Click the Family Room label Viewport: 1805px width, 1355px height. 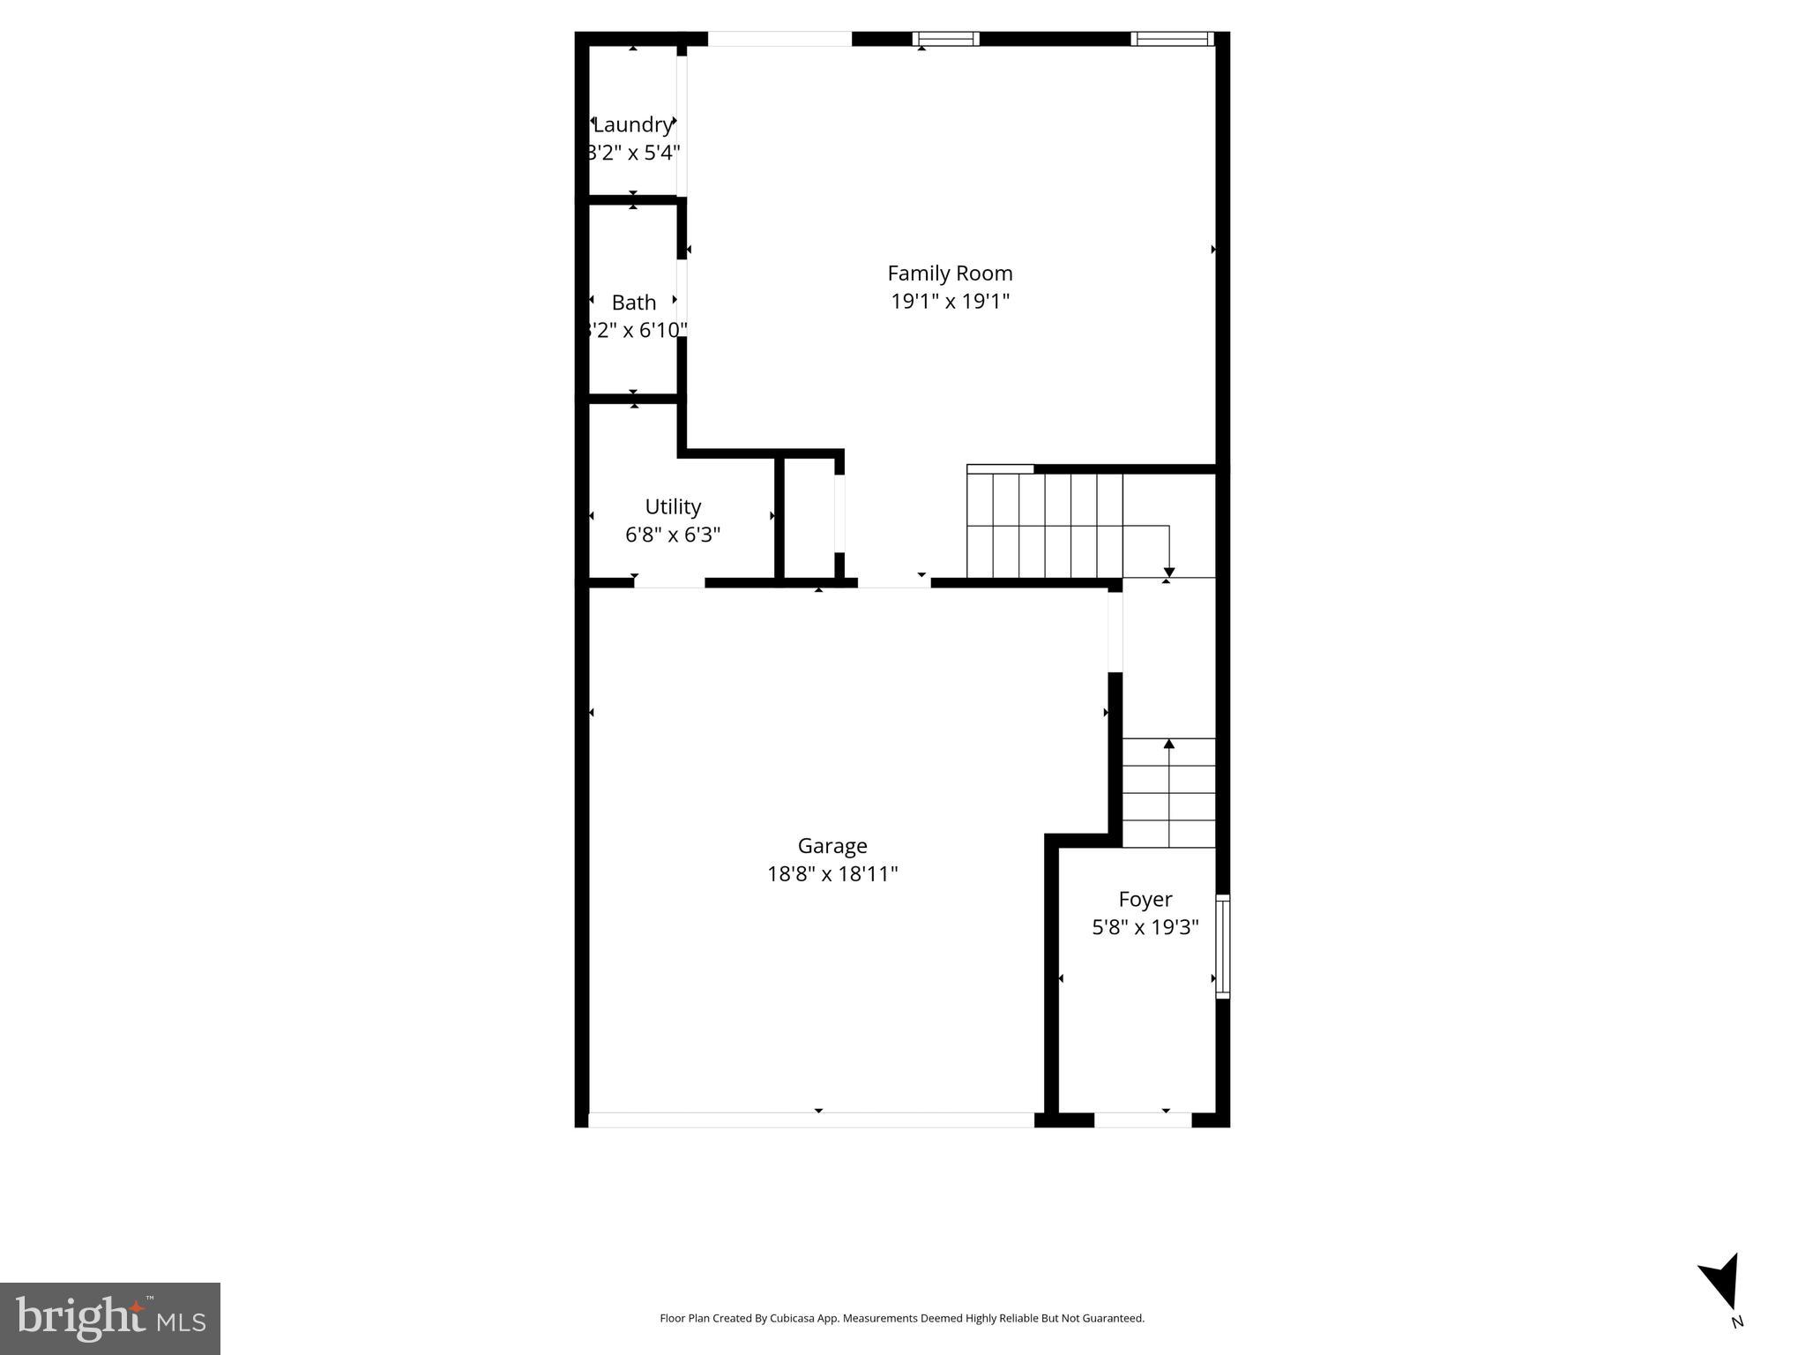(950, 273)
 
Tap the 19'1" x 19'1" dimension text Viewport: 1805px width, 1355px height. (950, 302)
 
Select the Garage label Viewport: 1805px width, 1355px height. (832, 846)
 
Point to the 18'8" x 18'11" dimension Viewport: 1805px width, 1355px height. (832, 874)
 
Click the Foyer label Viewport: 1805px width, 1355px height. (1145, 900)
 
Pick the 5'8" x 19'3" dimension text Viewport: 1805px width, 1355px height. (1145, 928)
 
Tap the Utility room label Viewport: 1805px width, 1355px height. (673, 507)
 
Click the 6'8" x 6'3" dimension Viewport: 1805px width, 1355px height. (673, 535)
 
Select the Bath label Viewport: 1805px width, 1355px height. (634, 303)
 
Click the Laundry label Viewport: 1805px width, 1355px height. (632, 124)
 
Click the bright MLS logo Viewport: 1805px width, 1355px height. (110, 1318)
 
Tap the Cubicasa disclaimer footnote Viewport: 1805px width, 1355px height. (902, 1318)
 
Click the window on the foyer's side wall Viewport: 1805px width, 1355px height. (1222, 947)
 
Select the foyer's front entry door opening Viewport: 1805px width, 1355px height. (1143, 1119)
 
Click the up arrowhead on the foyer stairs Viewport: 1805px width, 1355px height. (1169, 745)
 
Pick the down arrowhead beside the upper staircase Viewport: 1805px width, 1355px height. (1169, 572)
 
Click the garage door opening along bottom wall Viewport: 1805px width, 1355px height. (810, 1119)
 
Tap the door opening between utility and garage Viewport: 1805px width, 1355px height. (669, 582)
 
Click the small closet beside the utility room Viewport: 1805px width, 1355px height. (809, 519)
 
